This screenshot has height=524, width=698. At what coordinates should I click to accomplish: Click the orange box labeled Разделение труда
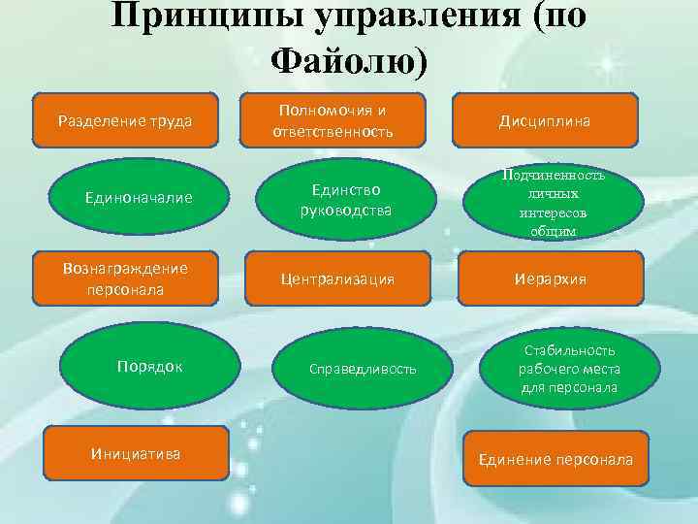125,120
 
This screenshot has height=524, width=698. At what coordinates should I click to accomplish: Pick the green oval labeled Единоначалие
139,198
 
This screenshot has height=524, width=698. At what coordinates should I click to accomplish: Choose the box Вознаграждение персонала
125,278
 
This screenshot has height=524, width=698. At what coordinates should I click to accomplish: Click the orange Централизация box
336,278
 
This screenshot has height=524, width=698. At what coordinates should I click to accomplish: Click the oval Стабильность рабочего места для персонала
556,369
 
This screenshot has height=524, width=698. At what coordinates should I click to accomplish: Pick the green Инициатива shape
135,452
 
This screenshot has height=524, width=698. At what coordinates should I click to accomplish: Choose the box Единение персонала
555,459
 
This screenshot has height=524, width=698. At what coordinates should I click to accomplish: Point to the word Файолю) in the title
348,61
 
